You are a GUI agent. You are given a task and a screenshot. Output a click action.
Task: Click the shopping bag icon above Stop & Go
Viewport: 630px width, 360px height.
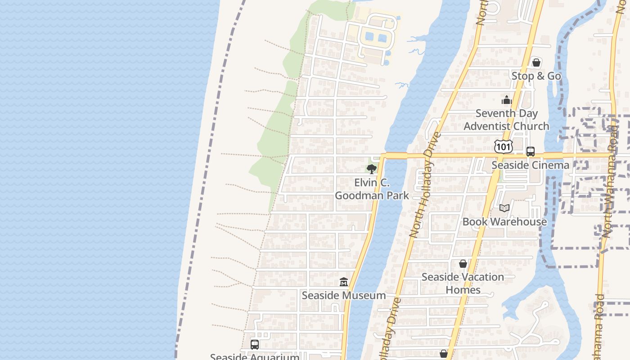[x=536, y=63]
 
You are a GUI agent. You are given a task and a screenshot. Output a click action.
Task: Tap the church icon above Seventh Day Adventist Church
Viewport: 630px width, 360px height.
[x=507, y=100]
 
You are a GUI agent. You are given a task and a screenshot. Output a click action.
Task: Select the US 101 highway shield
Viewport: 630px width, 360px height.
[x=503, y=146]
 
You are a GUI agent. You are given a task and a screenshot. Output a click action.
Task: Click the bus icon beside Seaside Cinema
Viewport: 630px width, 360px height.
[x=531, y=152]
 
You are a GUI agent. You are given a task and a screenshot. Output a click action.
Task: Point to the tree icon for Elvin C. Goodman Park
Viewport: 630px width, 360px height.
[x=371, y=169]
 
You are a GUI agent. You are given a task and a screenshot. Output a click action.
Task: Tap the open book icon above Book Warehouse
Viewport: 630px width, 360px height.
[x=504, y=208]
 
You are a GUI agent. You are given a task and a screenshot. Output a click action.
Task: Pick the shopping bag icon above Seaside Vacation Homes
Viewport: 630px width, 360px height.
[x=463, y=264]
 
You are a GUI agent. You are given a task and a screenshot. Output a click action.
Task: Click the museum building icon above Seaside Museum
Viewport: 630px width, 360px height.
[x=344, y=282]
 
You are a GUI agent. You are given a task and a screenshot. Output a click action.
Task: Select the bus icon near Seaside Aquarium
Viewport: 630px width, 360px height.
[x=255, y=345]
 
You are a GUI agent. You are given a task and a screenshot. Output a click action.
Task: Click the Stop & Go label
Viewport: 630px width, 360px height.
[x=536, y=76]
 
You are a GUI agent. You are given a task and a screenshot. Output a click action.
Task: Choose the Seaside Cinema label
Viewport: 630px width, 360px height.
[x=530, y=165]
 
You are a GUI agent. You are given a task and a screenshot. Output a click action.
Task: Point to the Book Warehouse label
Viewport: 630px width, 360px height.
[x=504, y=221]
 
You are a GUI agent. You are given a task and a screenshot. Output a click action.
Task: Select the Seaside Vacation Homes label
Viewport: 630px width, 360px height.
[x=463, y=283]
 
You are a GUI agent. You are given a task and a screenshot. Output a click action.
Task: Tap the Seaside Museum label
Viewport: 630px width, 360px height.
[x=344, y=296]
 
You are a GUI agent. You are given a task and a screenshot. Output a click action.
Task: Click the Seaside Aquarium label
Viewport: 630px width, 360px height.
[x=255, y=357]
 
